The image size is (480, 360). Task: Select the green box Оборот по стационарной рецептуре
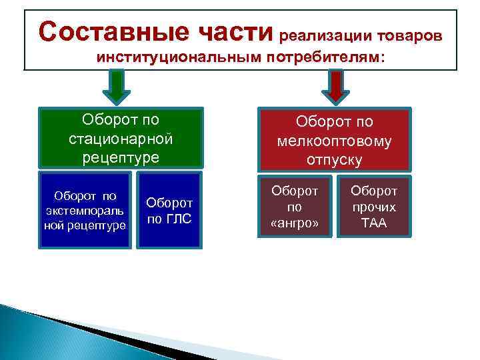point(121,138)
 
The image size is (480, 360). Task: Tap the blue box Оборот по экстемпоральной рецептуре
point(85,209)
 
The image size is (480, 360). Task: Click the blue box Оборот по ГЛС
point(169,209)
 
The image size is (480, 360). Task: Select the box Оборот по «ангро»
point(294,207)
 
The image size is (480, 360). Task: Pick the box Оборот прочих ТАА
point(373,207)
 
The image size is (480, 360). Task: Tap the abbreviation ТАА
point(373,223)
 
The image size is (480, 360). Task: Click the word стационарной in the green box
point(121,139)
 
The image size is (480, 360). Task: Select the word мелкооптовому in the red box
point(335,141)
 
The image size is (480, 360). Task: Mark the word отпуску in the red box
point(335,159)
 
